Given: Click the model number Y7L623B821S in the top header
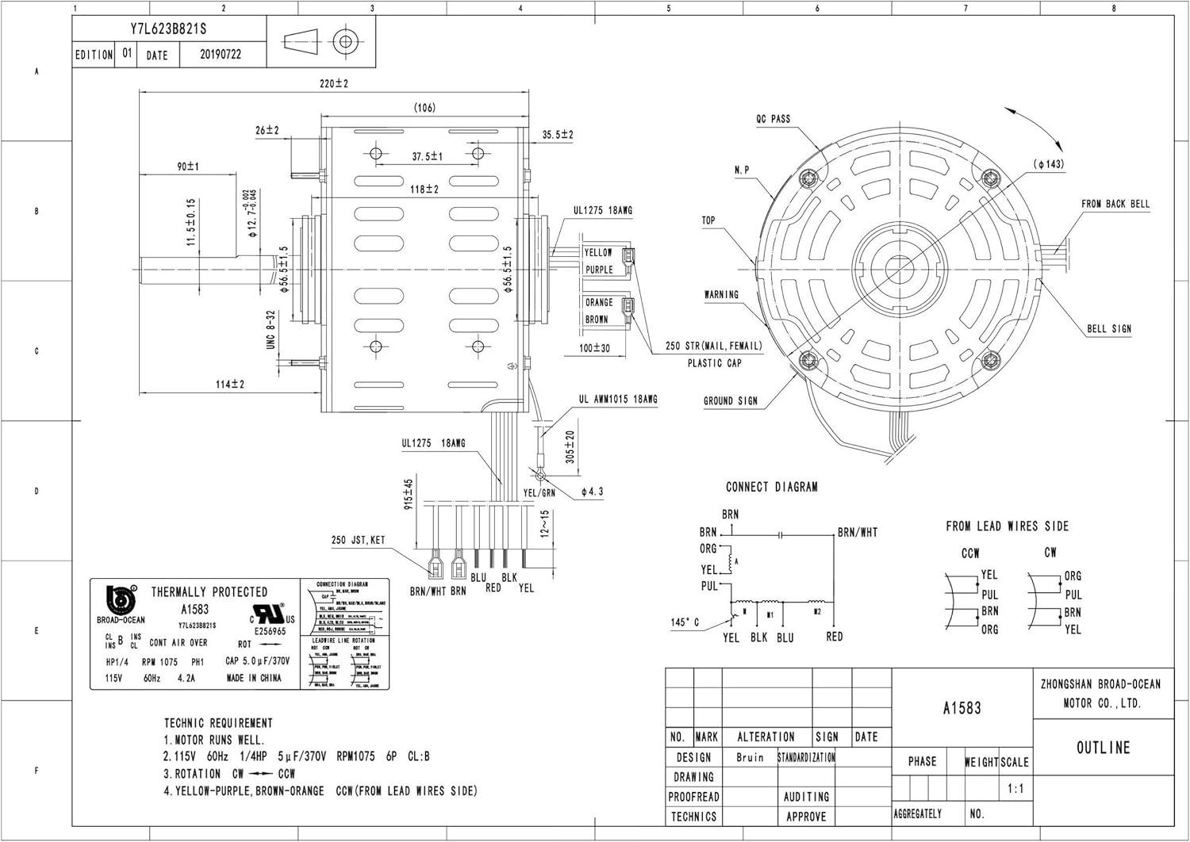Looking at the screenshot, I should click(x=168, y=29).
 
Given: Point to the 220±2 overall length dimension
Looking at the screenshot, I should click(x=334, y=83).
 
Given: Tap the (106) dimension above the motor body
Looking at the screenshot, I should click(x=424, y=108).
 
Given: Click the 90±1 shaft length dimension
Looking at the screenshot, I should click(x=188, y=166).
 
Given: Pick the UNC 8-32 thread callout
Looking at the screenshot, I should click(x=271, y=330).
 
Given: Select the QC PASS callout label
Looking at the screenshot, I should click(x=773, y=119).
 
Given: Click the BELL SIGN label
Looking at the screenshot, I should click(x=1109, y=328).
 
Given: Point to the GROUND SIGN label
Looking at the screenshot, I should click(x=730, y=401).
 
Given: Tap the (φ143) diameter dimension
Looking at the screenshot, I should click(x=1049, y=164).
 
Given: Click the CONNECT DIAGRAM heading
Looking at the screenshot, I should click(x=771, y=487).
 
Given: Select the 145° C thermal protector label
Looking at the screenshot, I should click(x=685, y=622).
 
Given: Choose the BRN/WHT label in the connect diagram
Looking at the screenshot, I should click(x=858, y=533).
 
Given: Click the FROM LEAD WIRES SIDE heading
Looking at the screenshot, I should click(x=1007, y=526).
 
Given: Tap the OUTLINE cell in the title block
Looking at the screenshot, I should click(x=1103, y=748).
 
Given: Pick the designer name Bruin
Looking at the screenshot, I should click(x=750, y=757).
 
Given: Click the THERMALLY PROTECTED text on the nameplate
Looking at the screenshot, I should click(x=209, y=591).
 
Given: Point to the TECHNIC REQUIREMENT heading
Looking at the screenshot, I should click(x=218, y=723).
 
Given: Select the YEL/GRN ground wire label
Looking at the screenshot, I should click(x=539, y=492).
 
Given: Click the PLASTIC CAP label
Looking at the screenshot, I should click(x=714, y=363).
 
